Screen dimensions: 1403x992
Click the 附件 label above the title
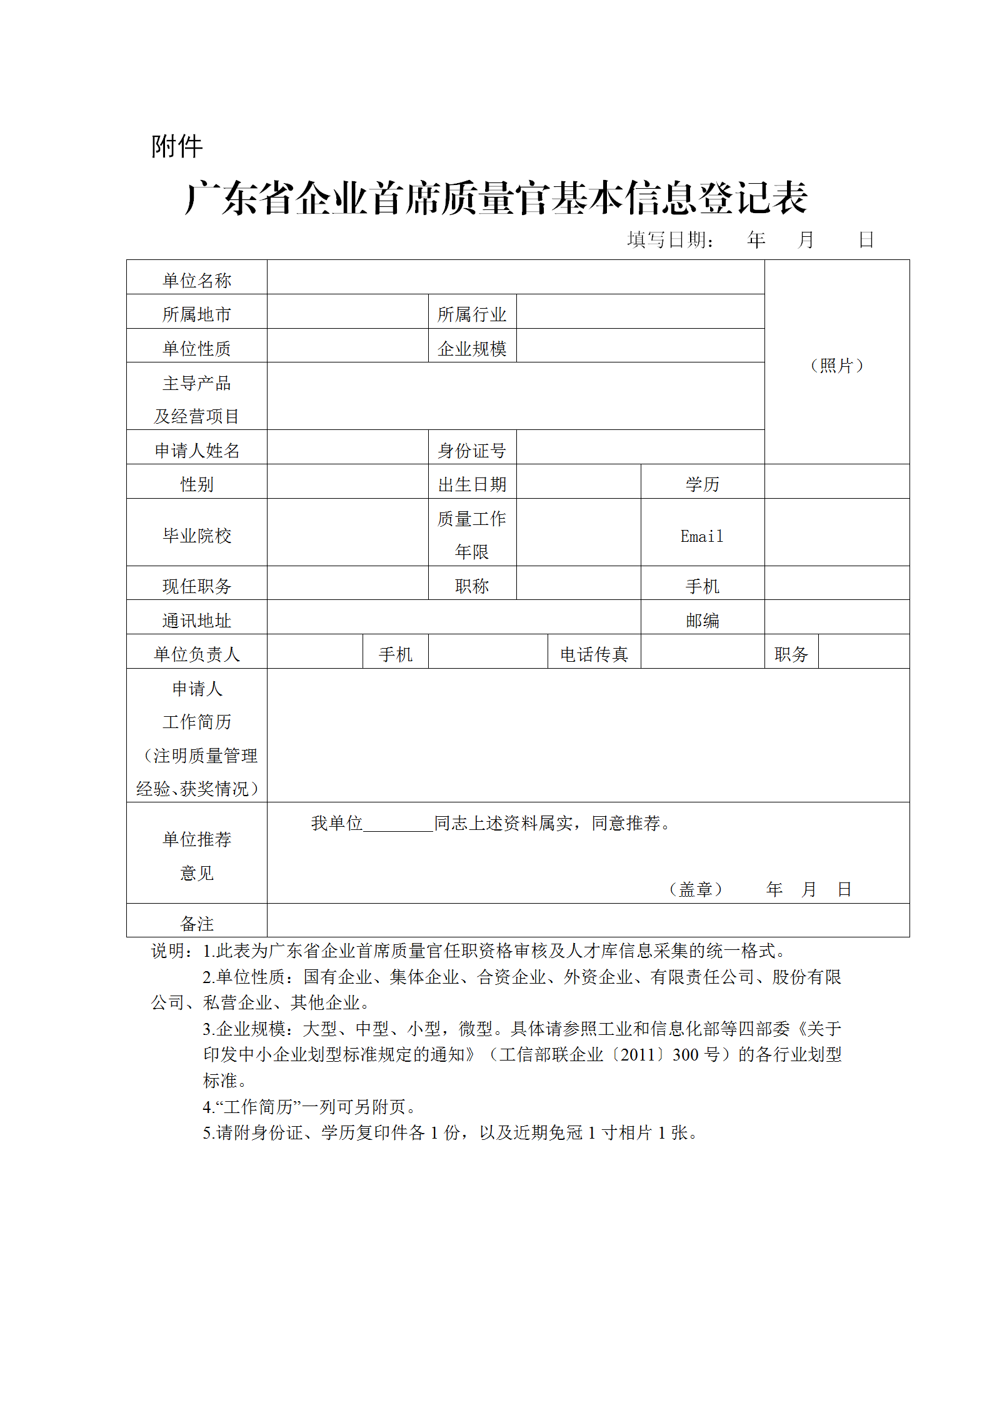[177, 146]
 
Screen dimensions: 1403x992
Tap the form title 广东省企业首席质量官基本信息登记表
[496, 199]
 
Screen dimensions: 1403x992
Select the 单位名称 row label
[197, 280]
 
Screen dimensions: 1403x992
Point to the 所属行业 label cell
[472, 314]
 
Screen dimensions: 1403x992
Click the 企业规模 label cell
[472, 348]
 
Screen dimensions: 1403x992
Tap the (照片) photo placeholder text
[836, 365]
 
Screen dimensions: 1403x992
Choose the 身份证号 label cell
[472, 450]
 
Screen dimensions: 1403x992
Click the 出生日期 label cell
[472, 484]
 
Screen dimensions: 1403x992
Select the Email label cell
[702, 536]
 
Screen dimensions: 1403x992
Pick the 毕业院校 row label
[197, 535]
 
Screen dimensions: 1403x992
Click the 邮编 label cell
[702, 620]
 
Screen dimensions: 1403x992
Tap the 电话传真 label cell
[594, 654]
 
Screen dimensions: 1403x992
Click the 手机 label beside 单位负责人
[395, 654]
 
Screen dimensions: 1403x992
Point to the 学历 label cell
[702, 484]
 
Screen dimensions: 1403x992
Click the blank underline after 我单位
[398, 824]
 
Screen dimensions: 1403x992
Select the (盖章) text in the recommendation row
[696, 889]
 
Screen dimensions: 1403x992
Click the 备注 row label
[197, 922]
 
